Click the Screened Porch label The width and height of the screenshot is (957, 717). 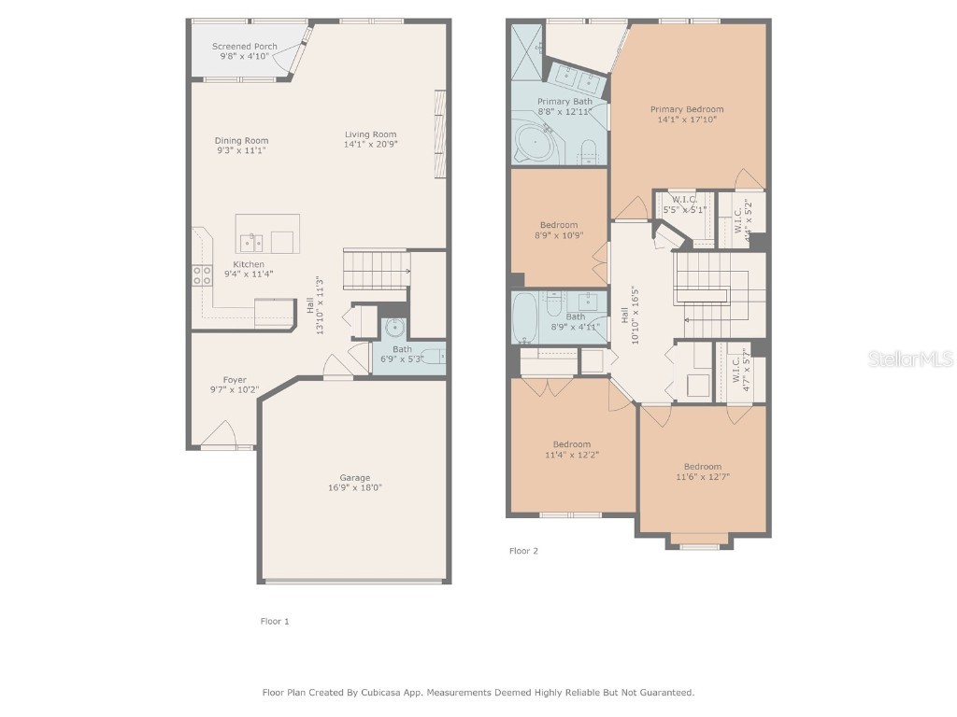pos(244,46)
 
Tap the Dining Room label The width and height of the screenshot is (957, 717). pos(241,141)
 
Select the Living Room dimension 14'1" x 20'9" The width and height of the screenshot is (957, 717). pos(370,145)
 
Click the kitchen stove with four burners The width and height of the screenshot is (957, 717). pos(202,274)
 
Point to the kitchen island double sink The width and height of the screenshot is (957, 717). pos(251,243)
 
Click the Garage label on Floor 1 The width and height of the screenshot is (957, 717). pos(354,477)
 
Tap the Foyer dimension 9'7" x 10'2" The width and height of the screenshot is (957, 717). pos(234,390)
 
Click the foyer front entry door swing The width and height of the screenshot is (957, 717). pos(220,434)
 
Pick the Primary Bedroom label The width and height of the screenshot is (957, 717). pos(687,109)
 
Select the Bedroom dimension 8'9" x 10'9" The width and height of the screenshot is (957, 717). pos(558,235)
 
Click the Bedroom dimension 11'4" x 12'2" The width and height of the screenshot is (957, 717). pos(571,455)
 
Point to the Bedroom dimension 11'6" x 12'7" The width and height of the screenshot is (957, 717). pos(702,477)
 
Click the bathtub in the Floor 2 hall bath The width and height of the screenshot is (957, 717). pos(525,316)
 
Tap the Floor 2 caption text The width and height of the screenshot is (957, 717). pos(523,551)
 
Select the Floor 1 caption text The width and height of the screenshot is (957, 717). pos(275,621)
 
